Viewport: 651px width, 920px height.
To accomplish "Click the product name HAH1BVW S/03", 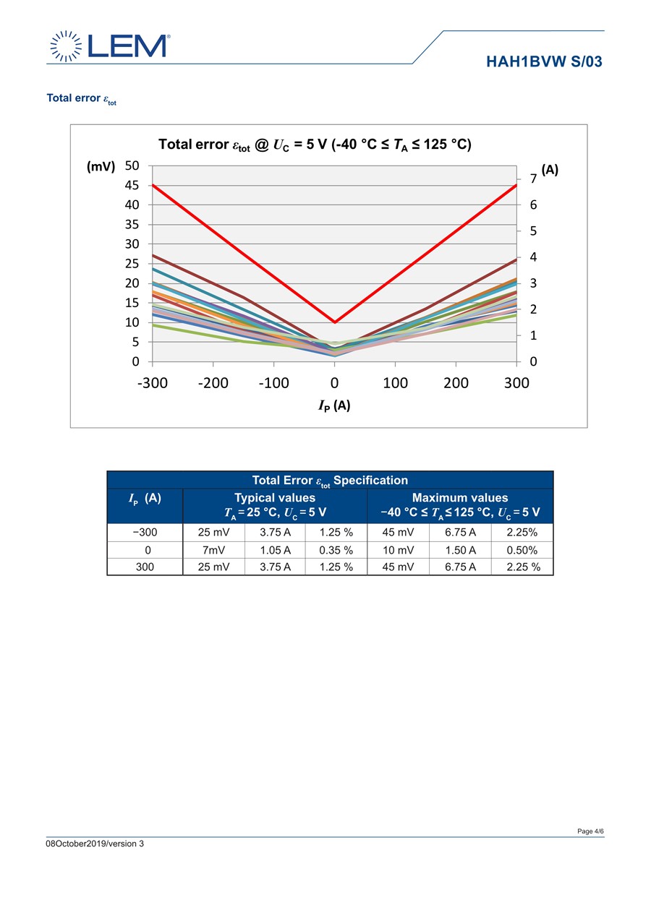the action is pos(544,61).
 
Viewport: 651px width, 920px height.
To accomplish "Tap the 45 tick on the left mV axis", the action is pos(132,185).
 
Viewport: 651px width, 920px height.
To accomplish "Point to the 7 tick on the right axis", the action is pos(533,179).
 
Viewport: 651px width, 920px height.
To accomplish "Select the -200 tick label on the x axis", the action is pos(213,383).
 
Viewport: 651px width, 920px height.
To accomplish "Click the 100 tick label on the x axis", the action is pos(395,383).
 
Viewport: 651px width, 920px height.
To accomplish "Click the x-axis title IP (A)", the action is pos(334,405).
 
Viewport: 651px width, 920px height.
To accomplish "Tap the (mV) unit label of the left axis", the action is pos(101,166).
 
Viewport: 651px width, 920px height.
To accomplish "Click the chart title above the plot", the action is pos(315,145).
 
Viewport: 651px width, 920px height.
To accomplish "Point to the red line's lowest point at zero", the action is pos(334,322).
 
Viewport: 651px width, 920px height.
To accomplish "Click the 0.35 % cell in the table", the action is pos(336,550).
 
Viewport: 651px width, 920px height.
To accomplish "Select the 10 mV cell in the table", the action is pos(398,550).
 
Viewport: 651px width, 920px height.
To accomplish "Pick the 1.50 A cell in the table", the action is pos(460,550).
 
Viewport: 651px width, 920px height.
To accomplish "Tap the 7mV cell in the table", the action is pos(213,550).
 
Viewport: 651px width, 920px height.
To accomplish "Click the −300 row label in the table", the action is pos(145,533).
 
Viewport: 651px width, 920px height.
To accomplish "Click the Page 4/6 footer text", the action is pos(590,831).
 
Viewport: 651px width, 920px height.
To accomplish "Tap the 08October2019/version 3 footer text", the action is pos(95,843).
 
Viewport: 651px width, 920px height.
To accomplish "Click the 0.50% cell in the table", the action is pos(522,550).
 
